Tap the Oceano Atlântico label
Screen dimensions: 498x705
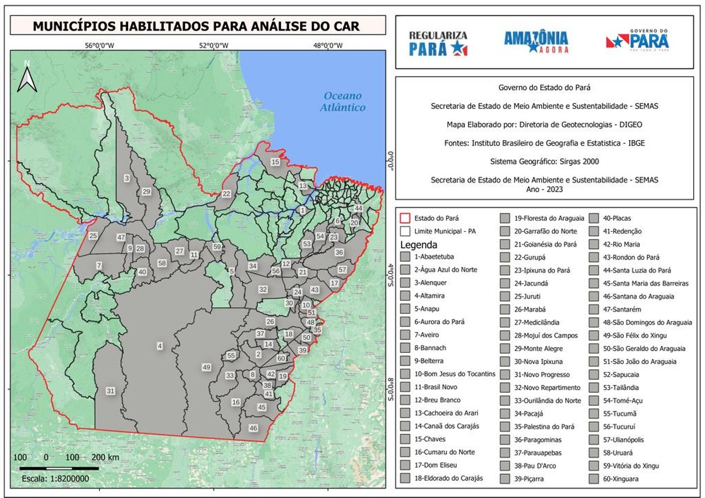(x=343, y=102)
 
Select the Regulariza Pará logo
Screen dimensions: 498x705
(x=438, y=43)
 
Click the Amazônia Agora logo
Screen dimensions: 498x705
(x=536, y=42)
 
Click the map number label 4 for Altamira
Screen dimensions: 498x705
(x=159, y=345)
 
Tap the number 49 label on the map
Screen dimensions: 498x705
(x=206, y=367)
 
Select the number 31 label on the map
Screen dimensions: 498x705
(x=110, y=391)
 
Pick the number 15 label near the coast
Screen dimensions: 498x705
(x=275, y=161)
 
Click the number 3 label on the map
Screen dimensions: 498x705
(x=126, y=177)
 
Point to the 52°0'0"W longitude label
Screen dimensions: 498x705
(x=214, y=45)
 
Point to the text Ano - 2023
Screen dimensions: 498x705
(x=544, y=190)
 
